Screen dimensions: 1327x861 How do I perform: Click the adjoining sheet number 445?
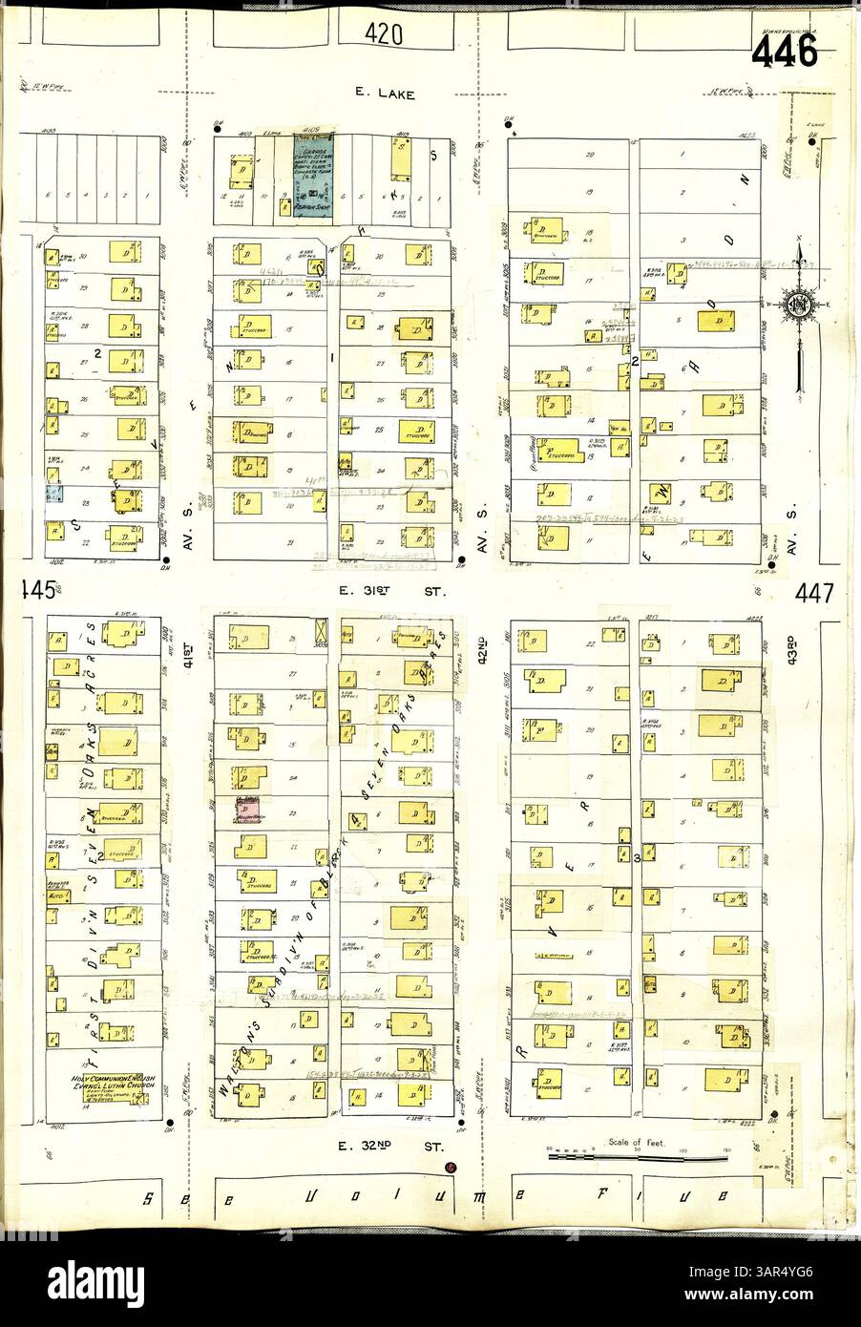(x=31, y=592)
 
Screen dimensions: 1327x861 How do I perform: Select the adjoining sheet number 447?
(x=814, y=592)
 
